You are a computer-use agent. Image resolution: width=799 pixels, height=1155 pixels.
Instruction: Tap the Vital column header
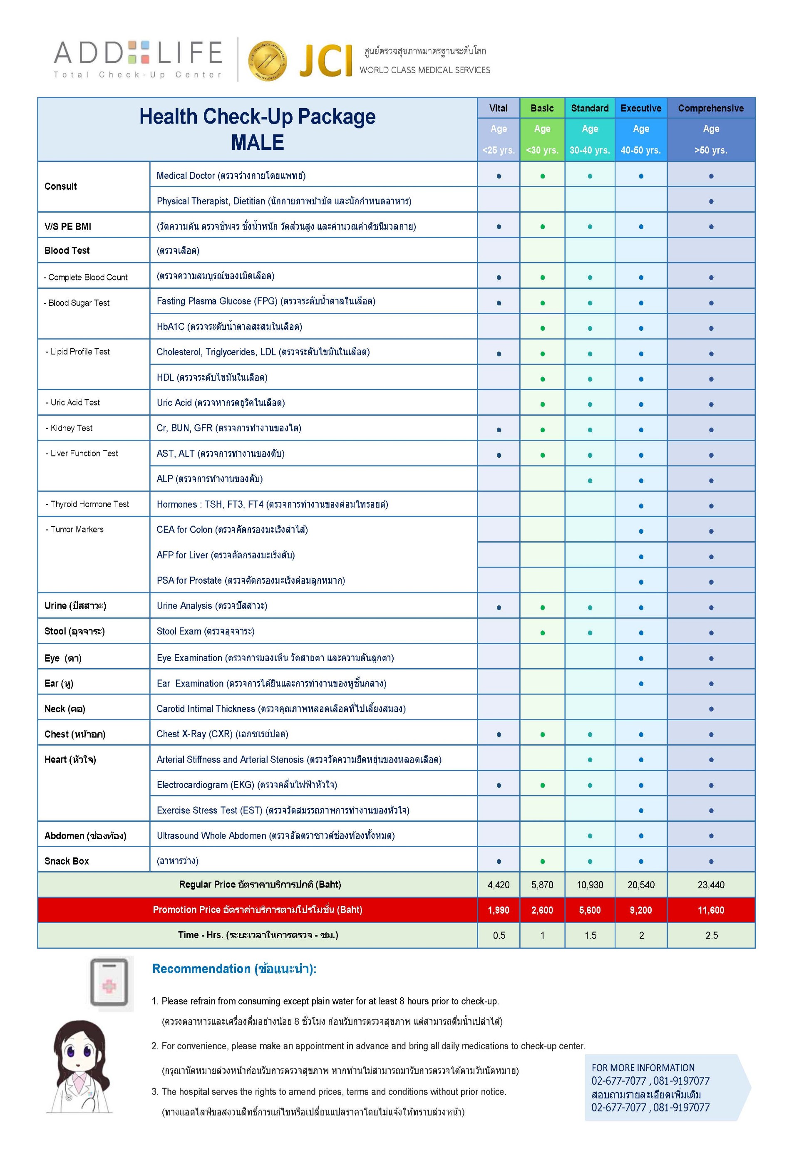point(498,108)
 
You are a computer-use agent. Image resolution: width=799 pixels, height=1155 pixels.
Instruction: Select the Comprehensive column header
point(710,108)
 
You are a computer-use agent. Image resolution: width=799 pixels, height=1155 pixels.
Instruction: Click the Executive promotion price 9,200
point(641,910)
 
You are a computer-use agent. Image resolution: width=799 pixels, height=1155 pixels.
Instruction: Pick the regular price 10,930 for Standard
point(590,885)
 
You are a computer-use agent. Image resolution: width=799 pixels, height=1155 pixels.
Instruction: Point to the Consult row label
point(61,186)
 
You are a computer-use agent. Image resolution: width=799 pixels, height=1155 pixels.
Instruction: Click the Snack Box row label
point(67,861)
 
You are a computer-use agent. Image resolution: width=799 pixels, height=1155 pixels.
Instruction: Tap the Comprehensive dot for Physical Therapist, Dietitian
point(711,202)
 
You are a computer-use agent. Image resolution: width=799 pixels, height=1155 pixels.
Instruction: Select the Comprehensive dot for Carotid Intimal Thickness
point(711,709)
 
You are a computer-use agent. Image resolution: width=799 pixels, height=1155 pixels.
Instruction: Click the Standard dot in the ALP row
point(590,481)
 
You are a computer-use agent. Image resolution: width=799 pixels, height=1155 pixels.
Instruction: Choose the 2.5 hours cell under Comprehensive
point(711,935)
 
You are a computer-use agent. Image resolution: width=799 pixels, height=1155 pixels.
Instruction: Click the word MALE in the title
point(257,143)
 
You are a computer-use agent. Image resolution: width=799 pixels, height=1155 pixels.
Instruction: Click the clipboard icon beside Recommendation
point(109,982)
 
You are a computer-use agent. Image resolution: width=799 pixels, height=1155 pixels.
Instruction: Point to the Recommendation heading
point(234,969)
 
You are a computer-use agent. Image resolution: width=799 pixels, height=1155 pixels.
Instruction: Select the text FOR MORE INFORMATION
point(643,1068)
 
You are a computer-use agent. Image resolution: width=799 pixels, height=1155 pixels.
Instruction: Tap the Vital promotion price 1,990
point(498,910)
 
